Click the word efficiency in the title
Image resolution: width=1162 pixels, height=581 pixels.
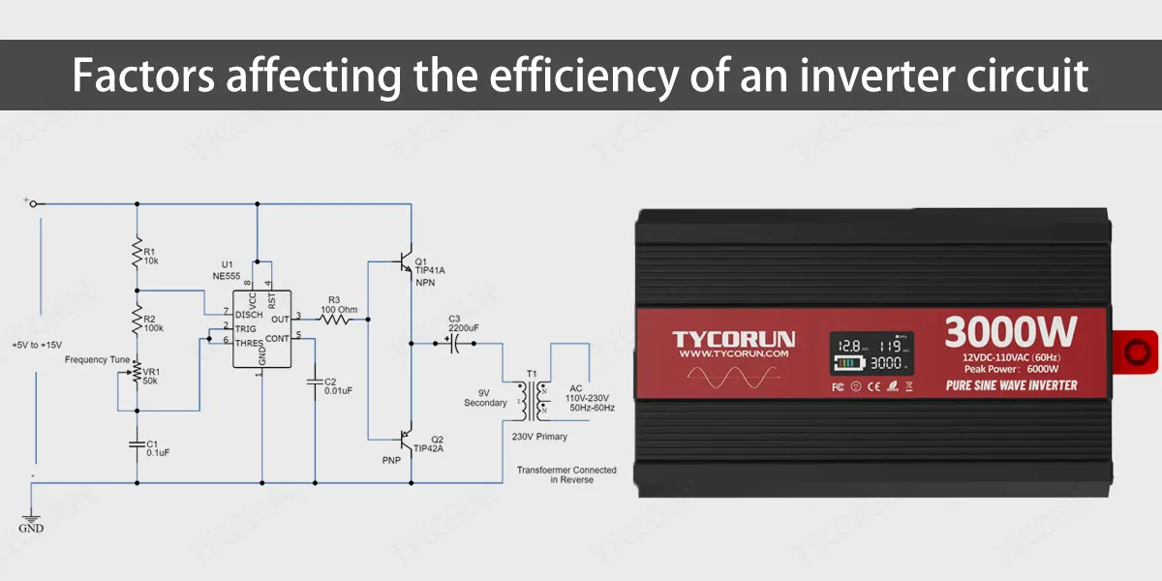click(554, 76)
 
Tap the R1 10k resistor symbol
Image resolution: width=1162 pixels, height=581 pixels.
click(137, 253)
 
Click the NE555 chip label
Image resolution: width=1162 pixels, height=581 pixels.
click(227, 276)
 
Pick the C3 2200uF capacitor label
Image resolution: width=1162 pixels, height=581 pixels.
click(463, 323)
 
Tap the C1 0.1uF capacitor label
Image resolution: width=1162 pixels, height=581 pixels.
click(157, 447)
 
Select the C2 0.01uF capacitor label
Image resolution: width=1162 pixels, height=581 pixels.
click(337, 385)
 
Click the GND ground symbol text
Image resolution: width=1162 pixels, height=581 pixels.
click(31, 529)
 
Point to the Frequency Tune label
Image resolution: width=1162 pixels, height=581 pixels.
click(97, 359)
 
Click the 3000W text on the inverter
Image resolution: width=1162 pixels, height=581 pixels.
click(1010, 332)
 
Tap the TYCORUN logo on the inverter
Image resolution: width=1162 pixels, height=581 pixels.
click(734, 339)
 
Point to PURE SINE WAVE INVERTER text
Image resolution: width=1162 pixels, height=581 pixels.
click(1010, 385)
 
